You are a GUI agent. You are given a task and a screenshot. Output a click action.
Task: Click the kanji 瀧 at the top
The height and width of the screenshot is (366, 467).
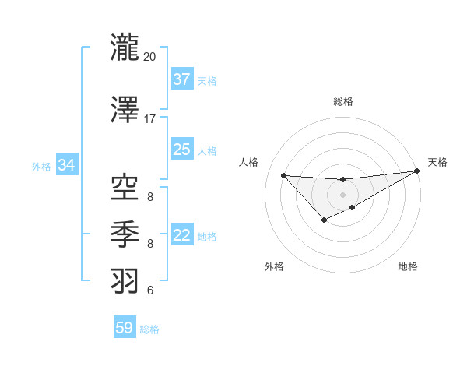pyautogui.click(x=125, y=48)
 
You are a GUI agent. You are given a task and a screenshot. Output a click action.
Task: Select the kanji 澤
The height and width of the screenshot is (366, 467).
pyautogui.click(x=125, y=111)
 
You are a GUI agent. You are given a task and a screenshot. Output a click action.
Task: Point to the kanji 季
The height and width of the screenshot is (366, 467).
pyautogui.click(x=125, y=234)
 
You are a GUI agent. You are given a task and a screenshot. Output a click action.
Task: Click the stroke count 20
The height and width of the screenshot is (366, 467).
pyautogui.click(x=150, y=57)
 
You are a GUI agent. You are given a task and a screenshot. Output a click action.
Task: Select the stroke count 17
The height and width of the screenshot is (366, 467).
pyautogui.click(x=150, y=119)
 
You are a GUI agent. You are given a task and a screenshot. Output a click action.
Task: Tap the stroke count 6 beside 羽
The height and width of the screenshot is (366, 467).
pyautogui.click(x=150, y=290)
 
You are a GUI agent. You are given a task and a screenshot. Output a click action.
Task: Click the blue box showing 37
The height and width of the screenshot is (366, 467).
pyautogui.click(x=182, y=79)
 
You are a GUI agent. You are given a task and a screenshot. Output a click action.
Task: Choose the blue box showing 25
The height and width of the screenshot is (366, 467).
pyautogui.click(x=182, y=150)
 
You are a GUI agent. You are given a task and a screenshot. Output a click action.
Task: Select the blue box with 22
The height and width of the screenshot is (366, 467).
pyautogui.click(x=182, y=235)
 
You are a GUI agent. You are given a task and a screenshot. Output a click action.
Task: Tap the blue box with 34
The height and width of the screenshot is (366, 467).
pyautogui.click(x=66, y=165)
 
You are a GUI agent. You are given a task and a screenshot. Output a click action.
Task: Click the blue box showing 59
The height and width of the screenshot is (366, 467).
pyautogui.click(x=125, y=328)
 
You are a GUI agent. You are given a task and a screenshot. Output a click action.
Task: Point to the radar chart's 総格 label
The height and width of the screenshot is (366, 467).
pyautogui.click(x=342, y=101)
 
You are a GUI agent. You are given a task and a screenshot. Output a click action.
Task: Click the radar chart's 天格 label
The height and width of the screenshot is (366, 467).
pyautogui.click(x=437, y=162)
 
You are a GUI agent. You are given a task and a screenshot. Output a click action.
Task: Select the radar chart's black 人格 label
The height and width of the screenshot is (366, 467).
pyautogui.click(x=249, y=162)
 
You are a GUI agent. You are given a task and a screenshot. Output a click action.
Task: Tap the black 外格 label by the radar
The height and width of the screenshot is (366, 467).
pyautogui.click(x=273, y=266)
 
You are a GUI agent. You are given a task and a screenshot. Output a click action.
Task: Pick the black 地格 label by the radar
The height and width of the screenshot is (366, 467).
pyautogui.click(x=408, y=266)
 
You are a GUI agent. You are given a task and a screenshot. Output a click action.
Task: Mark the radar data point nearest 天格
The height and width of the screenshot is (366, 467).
pyautogui.click(x=417, y=171)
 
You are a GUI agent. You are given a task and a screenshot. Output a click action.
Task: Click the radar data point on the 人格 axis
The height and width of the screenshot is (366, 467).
pyautogui.click(x=283, y=175)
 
